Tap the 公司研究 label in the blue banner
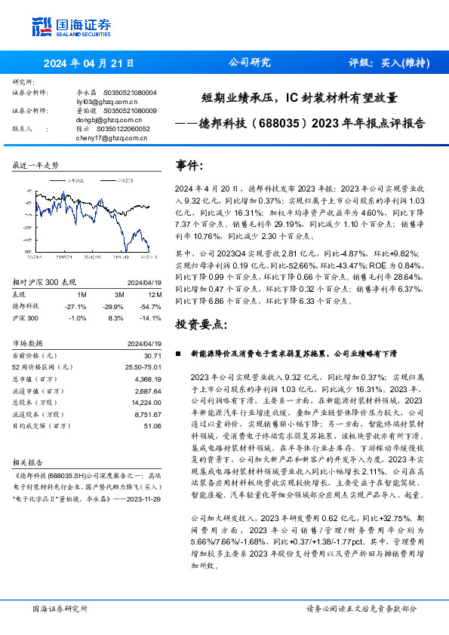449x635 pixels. click(x=249, y=63)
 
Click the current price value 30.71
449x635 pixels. click(x=153, y=354)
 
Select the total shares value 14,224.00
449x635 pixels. click(x=147, y=403)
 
